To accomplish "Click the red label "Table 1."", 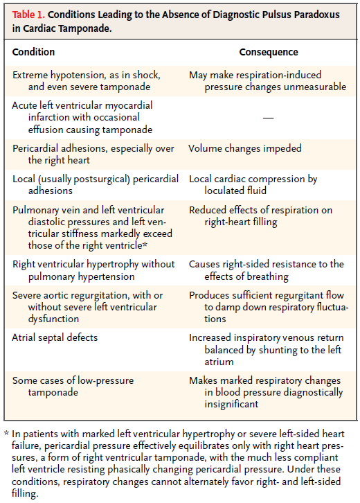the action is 28,15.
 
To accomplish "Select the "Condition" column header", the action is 33,52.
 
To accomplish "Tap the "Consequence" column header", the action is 269,52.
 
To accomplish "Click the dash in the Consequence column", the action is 269,118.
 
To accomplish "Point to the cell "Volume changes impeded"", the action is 245,148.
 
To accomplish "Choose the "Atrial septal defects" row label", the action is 55,337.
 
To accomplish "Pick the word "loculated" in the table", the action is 224,191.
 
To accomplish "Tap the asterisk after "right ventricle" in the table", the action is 145,245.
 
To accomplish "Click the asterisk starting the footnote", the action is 6,434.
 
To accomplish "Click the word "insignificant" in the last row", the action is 231,404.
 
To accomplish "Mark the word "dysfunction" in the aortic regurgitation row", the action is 53,319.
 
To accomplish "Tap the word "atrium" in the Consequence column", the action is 219,362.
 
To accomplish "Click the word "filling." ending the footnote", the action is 25,493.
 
